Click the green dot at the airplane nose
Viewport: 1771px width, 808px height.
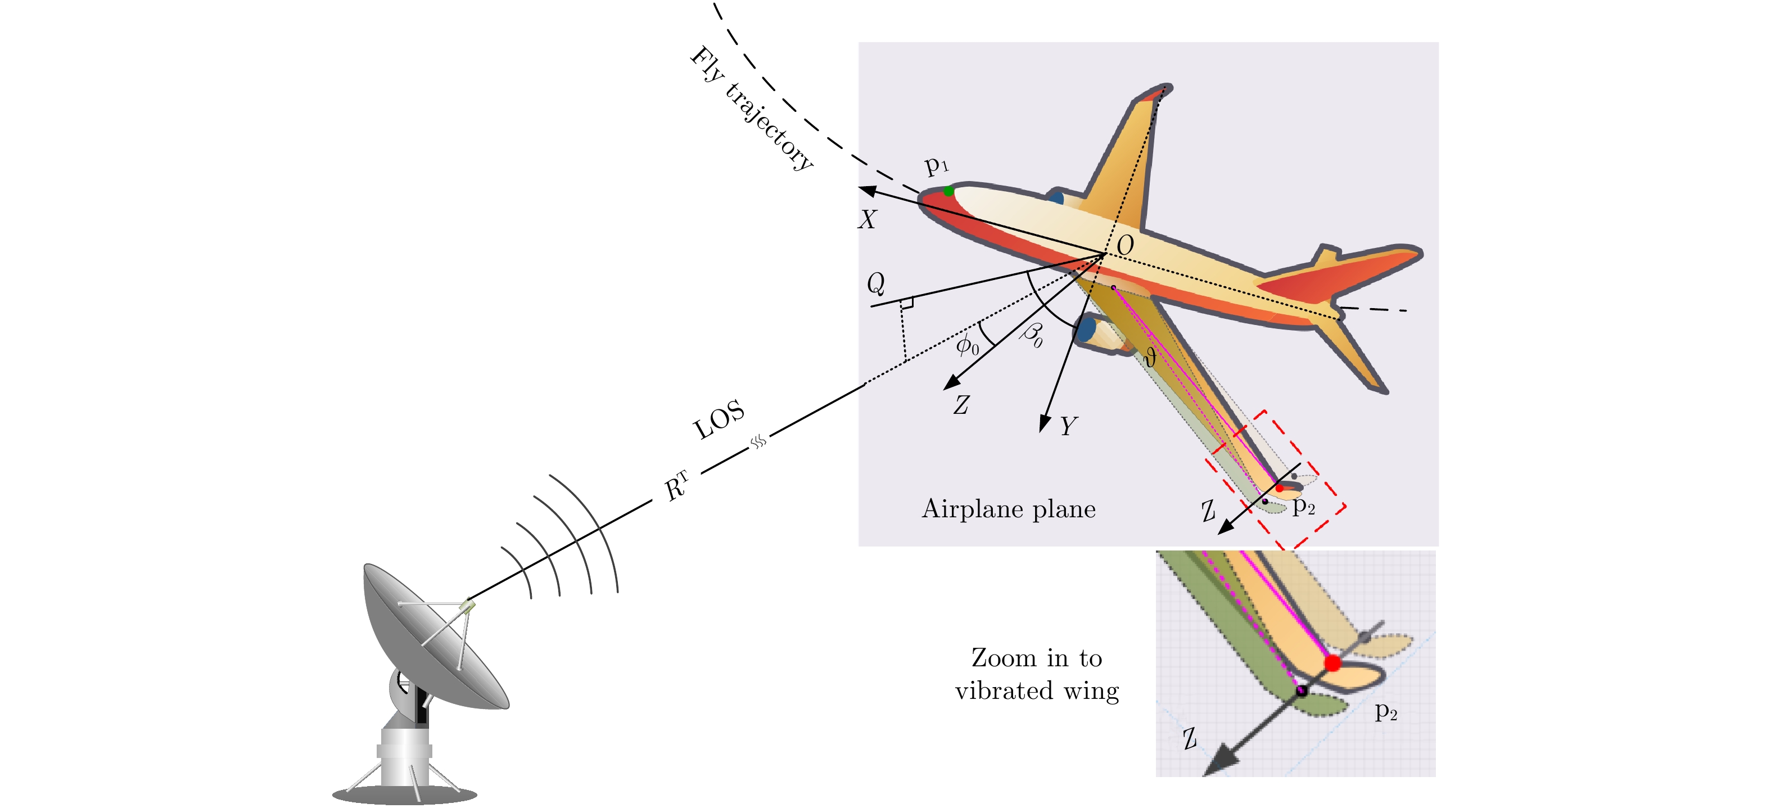pyautogui.click(x=948, y=191)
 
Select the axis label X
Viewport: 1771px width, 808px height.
pyautogui.click(x=867, y=219)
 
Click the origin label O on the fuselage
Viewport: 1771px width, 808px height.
pyautogui.click(x=1125, y=245)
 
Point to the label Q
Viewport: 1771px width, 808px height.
pyautogui.click(x=876, y=283)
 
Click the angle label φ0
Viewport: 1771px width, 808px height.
pyautogui.click(x=968, y=344)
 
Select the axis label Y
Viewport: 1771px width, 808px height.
pyautogui.click(x=1068, y=426)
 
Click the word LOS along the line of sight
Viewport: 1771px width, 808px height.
pyautogui.click(x=719, y=419)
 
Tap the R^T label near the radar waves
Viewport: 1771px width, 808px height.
pyautogui.click(x=676, y=486)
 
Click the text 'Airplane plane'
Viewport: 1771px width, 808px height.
pyautogui.click(x=1009, y=509)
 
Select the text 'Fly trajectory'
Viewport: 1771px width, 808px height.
pyautogui.click(x=752, y=108)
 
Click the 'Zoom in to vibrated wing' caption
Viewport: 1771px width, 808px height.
pyautogui.click(x=1037, y=674)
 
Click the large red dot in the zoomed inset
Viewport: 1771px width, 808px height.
pyautogui.click(x=1332, y=663)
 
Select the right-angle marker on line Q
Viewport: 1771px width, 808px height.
pyautogui.click(x=907, y=303)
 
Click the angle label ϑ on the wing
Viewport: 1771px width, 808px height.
pyautogui.click(x=1150, y=357)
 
